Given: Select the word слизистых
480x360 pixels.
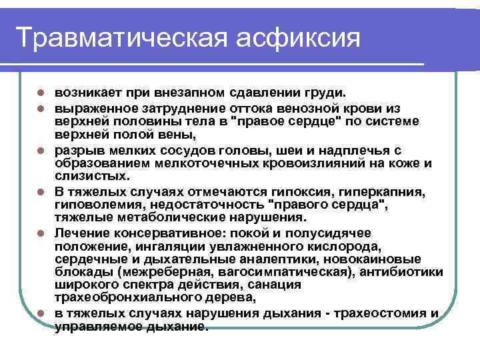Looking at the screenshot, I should pos(83,176).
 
